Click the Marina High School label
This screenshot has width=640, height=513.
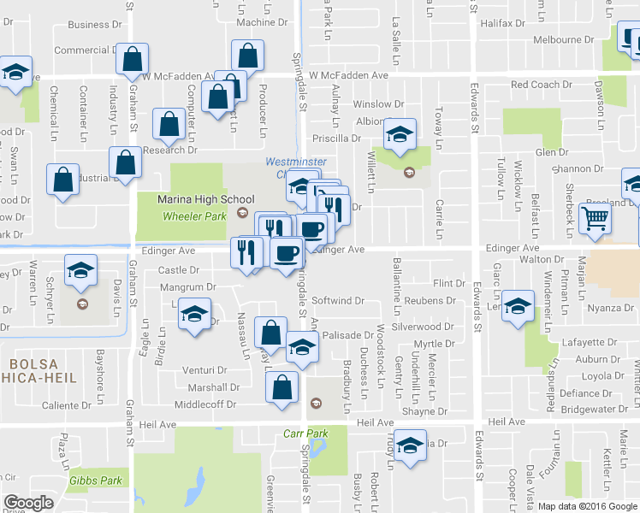click(x=193, y=199)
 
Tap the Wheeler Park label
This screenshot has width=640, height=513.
click(x=194, y=215)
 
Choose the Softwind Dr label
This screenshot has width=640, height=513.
click(x=338, y=301)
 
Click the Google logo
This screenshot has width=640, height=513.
click(x=28, y=503)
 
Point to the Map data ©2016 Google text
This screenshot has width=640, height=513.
click(x=587, y=506)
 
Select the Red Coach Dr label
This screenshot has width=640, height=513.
click(x=541, y=85)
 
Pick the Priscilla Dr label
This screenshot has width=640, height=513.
click(x=338, y=139)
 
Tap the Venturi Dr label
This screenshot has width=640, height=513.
click(x=204, y=371)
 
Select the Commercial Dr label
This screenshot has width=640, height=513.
click(x=86, y=50)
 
